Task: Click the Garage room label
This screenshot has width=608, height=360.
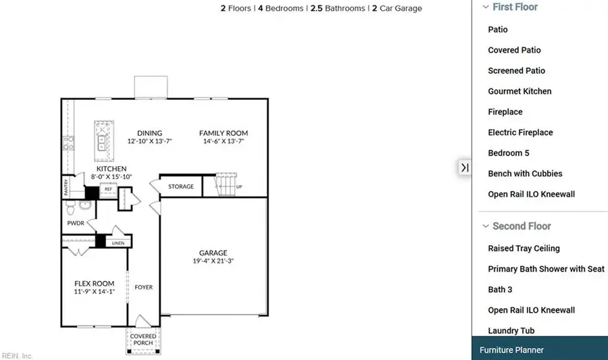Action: pos(213,253)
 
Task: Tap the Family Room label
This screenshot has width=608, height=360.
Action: pos(223,133)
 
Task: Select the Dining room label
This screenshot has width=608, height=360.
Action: pos(149,133)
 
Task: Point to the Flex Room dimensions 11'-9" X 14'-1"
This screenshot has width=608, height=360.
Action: pos(94,292)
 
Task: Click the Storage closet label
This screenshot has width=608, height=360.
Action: pos(181,186)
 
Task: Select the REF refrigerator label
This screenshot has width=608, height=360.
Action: pos(107,190)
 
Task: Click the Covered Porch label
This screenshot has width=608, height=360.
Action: pos(143,339)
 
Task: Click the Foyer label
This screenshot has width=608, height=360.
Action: pos(143,287)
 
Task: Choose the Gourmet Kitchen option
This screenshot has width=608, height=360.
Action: pos(520,91)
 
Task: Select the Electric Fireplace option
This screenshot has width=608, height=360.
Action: pos(520,132)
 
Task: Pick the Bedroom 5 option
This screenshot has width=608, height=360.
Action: pos(508,153)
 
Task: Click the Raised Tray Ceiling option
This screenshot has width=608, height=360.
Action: pos(524,249)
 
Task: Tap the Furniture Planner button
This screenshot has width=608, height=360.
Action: pos(511,350)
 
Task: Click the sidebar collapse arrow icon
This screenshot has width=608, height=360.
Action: pos(465,167)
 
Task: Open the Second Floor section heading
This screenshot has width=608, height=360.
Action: pos(521,226)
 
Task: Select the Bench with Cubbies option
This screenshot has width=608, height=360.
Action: pos(525,174)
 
